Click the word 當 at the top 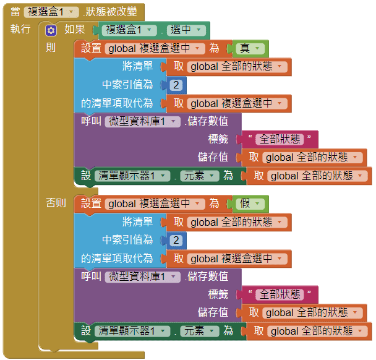point(15,12)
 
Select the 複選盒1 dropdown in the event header point(51,12)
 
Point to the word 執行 point(20,30)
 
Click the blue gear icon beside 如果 point(51,30)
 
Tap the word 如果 point(75,30)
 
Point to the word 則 point(51,48)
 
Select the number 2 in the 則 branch point(176,85)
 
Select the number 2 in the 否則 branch point(176,240)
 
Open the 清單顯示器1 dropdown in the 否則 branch point(132,331)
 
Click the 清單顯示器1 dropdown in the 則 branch point(132,176)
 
